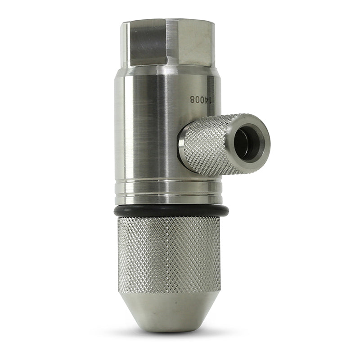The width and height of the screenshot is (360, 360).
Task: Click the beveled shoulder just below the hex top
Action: (166, 70)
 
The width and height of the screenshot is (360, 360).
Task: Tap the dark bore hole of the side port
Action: (246, 143)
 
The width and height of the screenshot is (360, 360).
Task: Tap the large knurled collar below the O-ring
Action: (169, 254)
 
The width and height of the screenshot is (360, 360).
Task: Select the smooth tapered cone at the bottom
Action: (169, 310)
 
